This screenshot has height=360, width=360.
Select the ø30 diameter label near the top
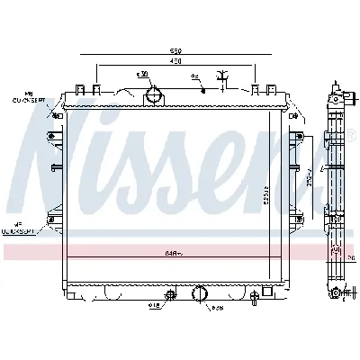pyautogui.click(x=141, y=74)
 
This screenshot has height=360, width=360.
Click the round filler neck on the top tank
pyautogui.click(x=158, y=92)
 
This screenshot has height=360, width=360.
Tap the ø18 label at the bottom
pyautogui.click(x=155, y=307)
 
